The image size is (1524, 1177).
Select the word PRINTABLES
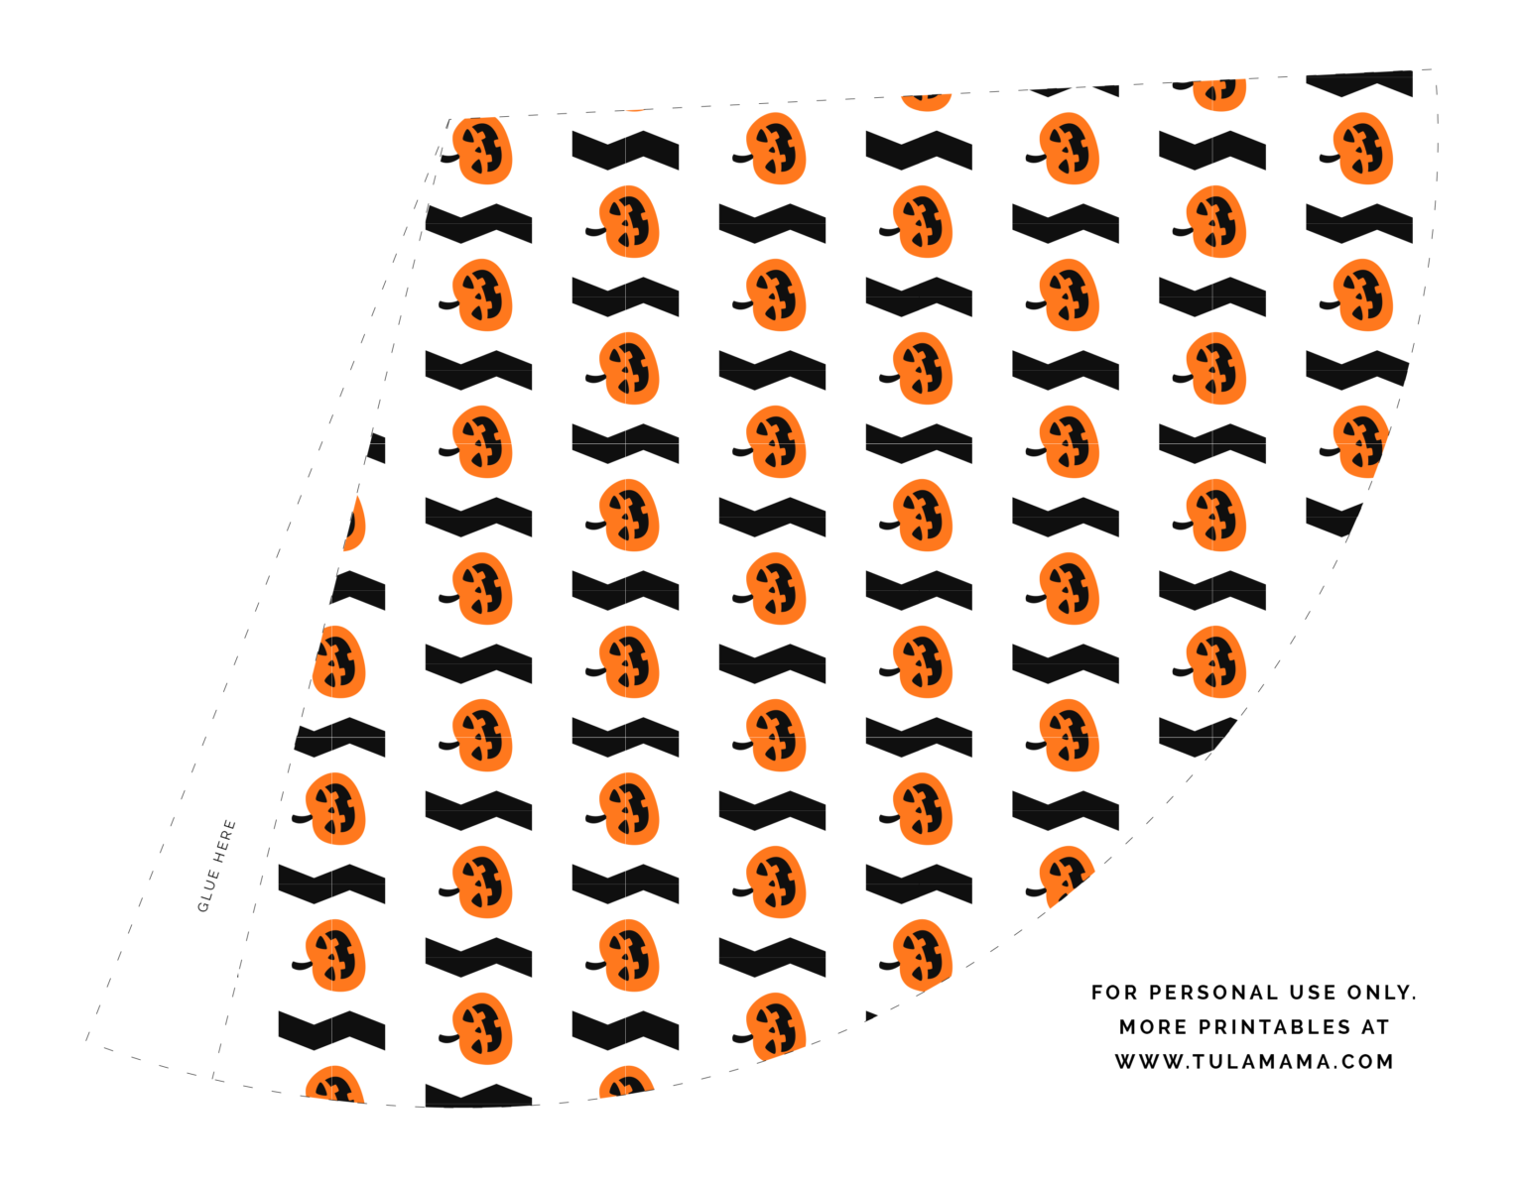click(x=1275, y=1027)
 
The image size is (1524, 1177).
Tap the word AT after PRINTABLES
click(x=1375, y=1027)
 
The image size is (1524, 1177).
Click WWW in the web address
click(x=1149, y=1061)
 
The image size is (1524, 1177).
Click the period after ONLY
click(x=1413, y=1000)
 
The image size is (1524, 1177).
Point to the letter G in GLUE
click(x=203, y=907)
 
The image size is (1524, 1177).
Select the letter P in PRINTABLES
click(x=1206, y=1027)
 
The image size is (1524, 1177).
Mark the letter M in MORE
click(x=1128, y=1027)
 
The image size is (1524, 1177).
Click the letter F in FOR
click(x=1097, y=993)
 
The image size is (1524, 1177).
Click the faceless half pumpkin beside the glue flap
click(x=355, y=524)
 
